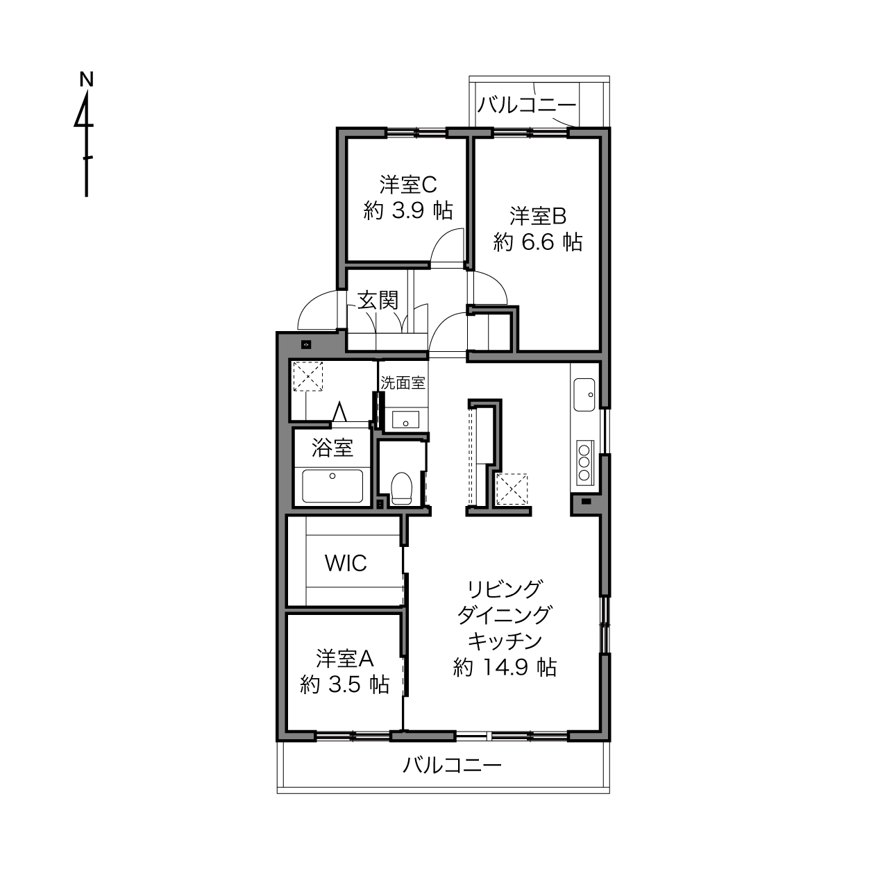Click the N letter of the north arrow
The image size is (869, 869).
(x=86, y=79)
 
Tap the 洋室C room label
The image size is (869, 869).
(x=408, y=185)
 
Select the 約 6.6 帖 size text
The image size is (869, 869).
(x=538, y=242)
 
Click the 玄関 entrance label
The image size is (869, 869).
(x=378, y=301)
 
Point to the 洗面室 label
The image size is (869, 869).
(x=403, y=383)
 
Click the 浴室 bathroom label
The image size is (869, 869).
(x=332, y=448)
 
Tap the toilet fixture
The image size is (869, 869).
(x=401, y=488)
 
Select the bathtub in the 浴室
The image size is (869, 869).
(x=332, y=486)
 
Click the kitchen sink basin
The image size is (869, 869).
(x=584, y=395)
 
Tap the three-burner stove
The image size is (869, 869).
(x=585, y=462)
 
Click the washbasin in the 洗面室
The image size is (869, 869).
(x=405, y=419)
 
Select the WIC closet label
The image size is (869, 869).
(x=346, y=563)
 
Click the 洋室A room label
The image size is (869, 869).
(x=345, y=659)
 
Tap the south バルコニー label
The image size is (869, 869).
(x=452, y=766)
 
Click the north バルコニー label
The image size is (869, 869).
(x=527, y=105)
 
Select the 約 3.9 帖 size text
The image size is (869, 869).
(x=408, y=210)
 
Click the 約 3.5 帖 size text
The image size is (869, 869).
(x=345, y=684)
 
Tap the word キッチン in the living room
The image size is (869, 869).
(x=505, y=641)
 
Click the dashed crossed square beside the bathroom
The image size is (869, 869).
(x=308, y=376)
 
